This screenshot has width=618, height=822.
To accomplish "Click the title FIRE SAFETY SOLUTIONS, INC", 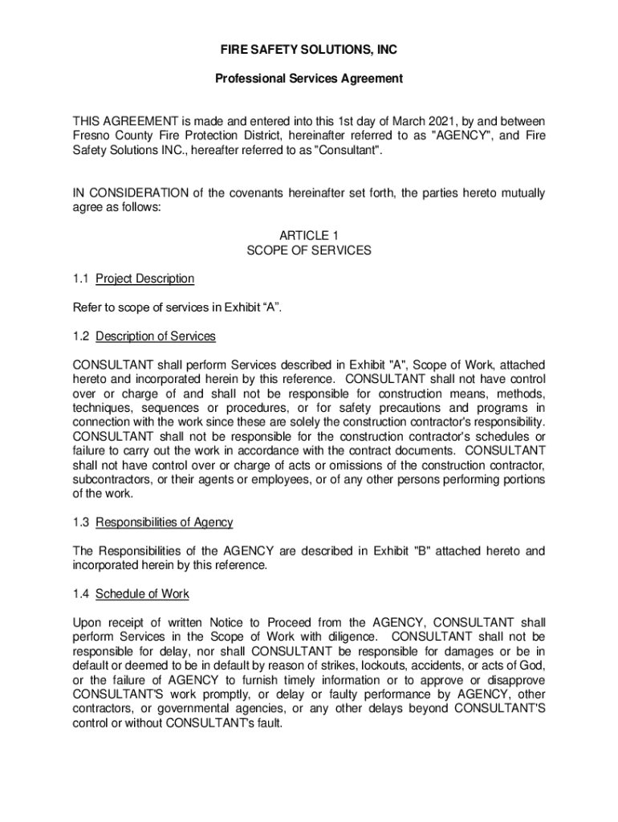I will (309, 50).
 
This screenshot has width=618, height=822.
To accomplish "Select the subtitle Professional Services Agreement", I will (309, 79).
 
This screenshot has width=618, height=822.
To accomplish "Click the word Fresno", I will (91, 136).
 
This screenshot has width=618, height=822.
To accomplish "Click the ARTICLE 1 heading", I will (309, 235).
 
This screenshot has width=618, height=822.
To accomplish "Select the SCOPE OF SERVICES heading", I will (309, 250).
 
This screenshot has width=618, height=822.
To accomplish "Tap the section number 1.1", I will (80, 279).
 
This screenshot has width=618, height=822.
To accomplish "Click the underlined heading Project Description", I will (144, 279).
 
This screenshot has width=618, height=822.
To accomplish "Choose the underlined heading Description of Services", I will (156, 336).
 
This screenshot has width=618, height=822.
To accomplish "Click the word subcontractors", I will (115, 479).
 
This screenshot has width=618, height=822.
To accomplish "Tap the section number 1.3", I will (80, 523).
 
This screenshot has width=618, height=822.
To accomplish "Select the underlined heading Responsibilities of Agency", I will (164, 523).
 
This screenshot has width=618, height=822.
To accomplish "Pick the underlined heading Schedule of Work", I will (142, 595).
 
